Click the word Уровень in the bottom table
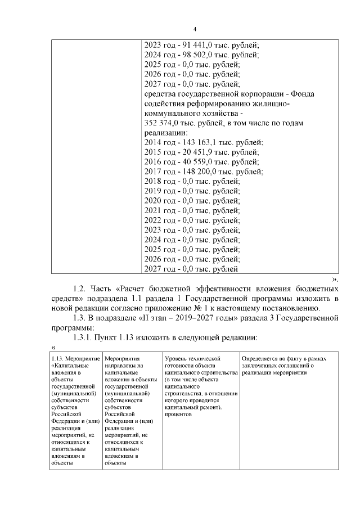(177, 358)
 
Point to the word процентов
(178, 414)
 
